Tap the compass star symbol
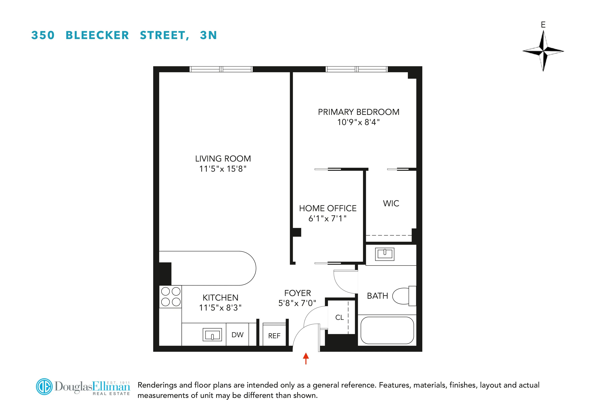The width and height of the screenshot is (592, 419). coord(543,51)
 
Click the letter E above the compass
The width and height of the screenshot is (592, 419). coord(543,25)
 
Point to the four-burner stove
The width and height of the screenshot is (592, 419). coord(170,297)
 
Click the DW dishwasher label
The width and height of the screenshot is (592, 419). coord(237,335)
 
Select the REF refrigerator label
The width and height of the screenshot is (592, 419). coord(274,336)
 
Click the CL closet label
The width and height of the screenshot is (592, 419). coord(339,317)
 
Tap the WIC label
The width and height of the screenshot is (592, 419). coord(391,203)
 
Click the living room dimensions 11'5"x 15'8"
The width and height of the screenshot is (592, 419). coord(223,169)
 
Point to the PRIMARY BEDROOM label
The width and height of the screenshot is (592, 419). coord(358,112)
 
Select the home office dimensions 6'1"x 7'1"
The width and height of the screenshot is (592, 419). coord(327,218)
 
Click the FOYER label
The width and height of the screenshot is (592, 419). coord(298,293)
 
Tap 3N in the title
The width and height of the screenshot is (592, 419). coord(208,35)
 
